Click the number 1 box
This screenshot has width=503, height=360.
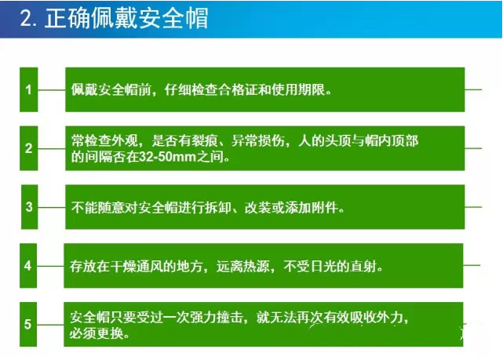pos(29,89)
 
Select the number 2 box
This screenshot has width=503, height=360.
pos(29,148)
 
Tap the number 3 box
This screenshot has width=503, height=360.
pos(30,207)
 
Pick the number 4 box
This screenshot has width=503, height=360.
pos(28,265)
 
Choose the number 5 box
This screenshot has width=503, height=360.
pos(28,324)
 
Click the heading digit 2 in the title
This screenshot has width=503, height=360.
pos(27,18)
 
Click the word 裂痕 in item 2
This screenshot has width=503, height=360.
pos(205,140)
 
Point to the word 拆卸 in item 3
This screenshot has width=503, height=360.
pos(218,208)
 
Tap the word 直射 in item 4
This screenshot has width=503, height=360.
pos(363,267)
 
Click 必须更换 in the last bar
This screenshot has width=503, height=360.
pos(97,333)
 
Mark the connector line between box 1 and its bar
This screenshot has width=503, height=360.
pos(52,89)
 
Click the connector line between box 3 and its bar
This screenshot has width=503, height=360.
pos(52,207)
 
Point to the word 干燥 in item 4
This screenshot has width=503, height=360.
pos(123,267)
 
